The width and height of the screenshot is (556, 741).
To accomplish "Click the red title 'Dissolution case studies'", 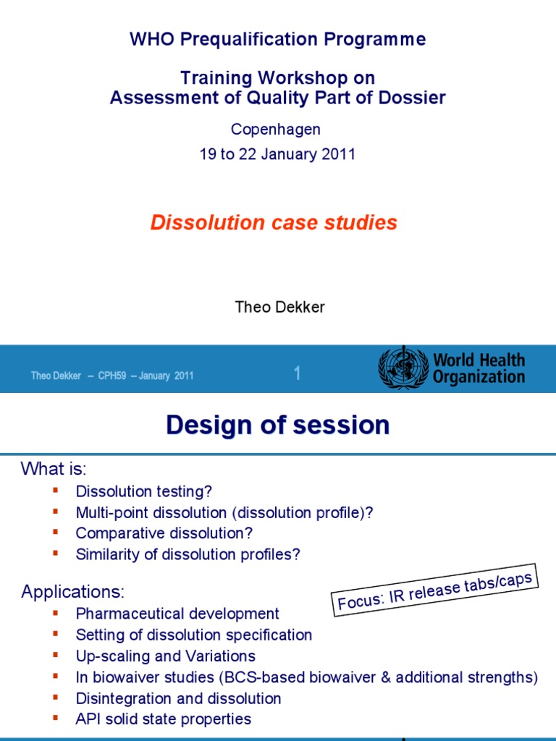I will point(274,223).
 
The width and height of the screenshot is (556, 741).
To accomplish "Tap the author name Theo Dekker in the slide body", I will point(280,307).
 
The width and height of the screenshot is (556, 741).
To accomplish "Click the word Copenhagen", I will point(275,130).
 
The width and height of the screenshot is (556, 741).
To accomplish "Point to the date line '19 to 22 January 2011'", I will point(277,154).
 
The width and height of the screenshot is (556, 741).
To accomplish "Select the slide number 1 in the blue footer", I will point(297,373).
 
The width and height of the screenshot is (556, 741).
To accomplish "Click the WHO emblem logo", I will point(403,368).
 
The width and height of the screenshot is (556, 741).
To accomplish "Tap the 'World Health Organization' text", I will point(479,368).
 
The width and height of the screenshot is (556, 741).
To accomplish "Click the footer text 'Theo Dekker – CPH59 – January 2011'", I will point(112,376).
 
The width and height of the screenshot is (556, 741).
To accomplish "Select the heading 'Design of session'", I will point(277,425).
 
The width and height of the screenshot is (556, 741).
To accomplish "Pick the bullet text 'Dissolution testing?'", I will point(144,491).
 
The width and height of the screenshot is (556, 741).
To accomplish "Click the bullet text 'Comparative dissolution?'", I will point(164,533).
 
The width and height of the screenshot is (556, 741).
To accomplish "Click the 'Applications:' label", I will point(73,592).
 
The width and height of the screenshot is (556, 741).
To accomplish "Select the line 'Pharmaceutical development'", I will point(177,614).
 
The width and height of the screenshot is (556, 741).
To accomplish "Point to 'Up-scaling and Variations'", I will point(166,656).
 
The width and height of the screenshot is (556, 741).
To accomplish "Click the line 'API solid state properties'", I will point(164,719).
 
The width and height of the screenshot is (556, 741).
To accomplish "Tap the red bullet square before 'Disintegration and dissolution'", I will point(55,698).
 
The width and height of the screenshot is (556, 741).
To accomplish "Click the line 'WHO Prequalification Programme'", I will point(278,39).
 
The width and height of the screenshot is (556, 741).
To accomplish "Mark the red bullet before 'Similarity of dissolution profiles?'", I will point(55,554).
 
